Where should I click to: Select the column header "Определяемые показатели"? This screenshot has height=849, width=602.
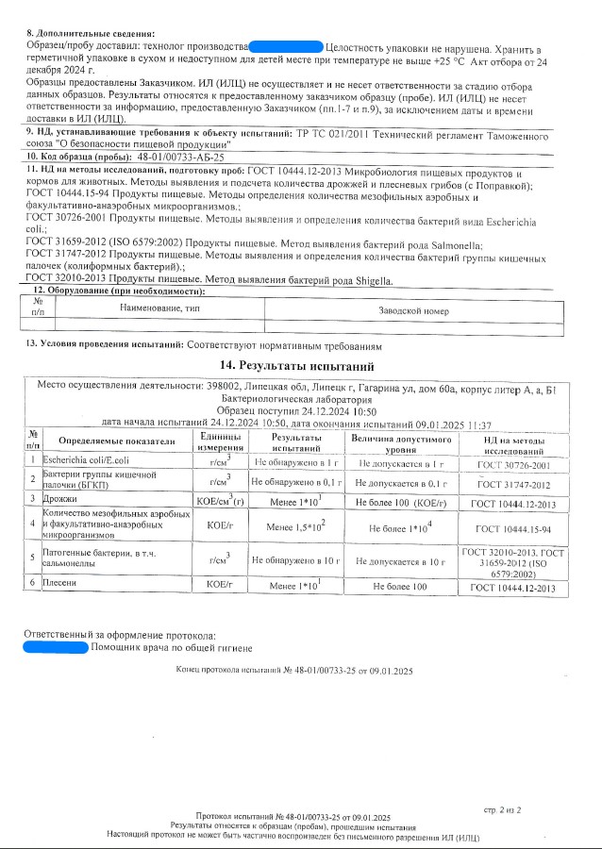tap(117, 441)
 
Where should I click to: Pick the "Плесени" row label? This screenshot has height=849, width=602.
tap(62, 586)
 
